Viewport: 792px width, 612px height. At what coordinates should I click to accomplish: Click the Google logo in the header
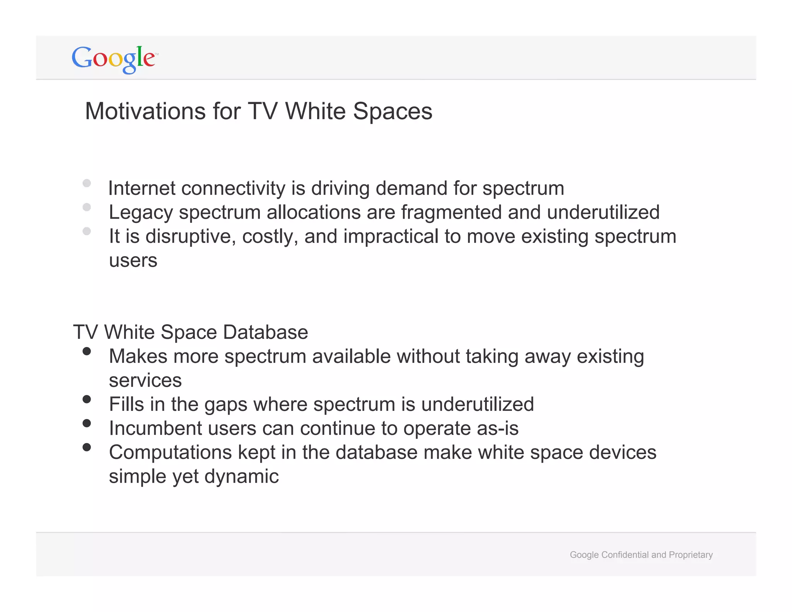(114, 59)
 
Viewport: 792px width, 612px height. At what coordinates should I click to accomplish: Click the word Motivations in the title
(145, 111)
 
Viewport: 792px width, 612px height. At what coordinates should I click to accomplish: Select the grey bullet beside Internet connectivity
(87, 183)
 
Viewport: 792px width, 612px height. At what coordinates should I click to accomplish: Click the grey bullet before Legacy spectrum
(87, 207)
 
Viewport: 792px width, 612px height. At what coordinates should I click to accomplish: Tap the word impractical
(391, 237)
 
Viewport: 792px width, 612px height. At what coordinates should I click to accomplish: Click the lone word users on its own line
(133, 261)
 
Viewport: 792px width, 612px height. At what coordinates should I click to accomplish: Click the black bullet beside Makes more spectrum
(87, 351)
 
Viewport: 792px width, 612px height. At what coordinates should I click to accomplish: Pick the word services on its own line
(145, 381)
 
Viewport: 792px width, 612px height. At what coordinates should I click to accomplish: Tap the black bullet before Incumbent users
(87, 423)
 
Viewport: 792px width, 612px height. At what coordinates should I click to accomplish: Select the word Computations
(170, 453)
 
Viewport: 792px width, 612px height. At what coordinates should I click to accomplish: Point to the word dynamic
(241, 477)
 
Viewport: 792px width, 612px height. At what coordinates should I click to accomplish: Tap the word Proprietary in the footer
(691, 555)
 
